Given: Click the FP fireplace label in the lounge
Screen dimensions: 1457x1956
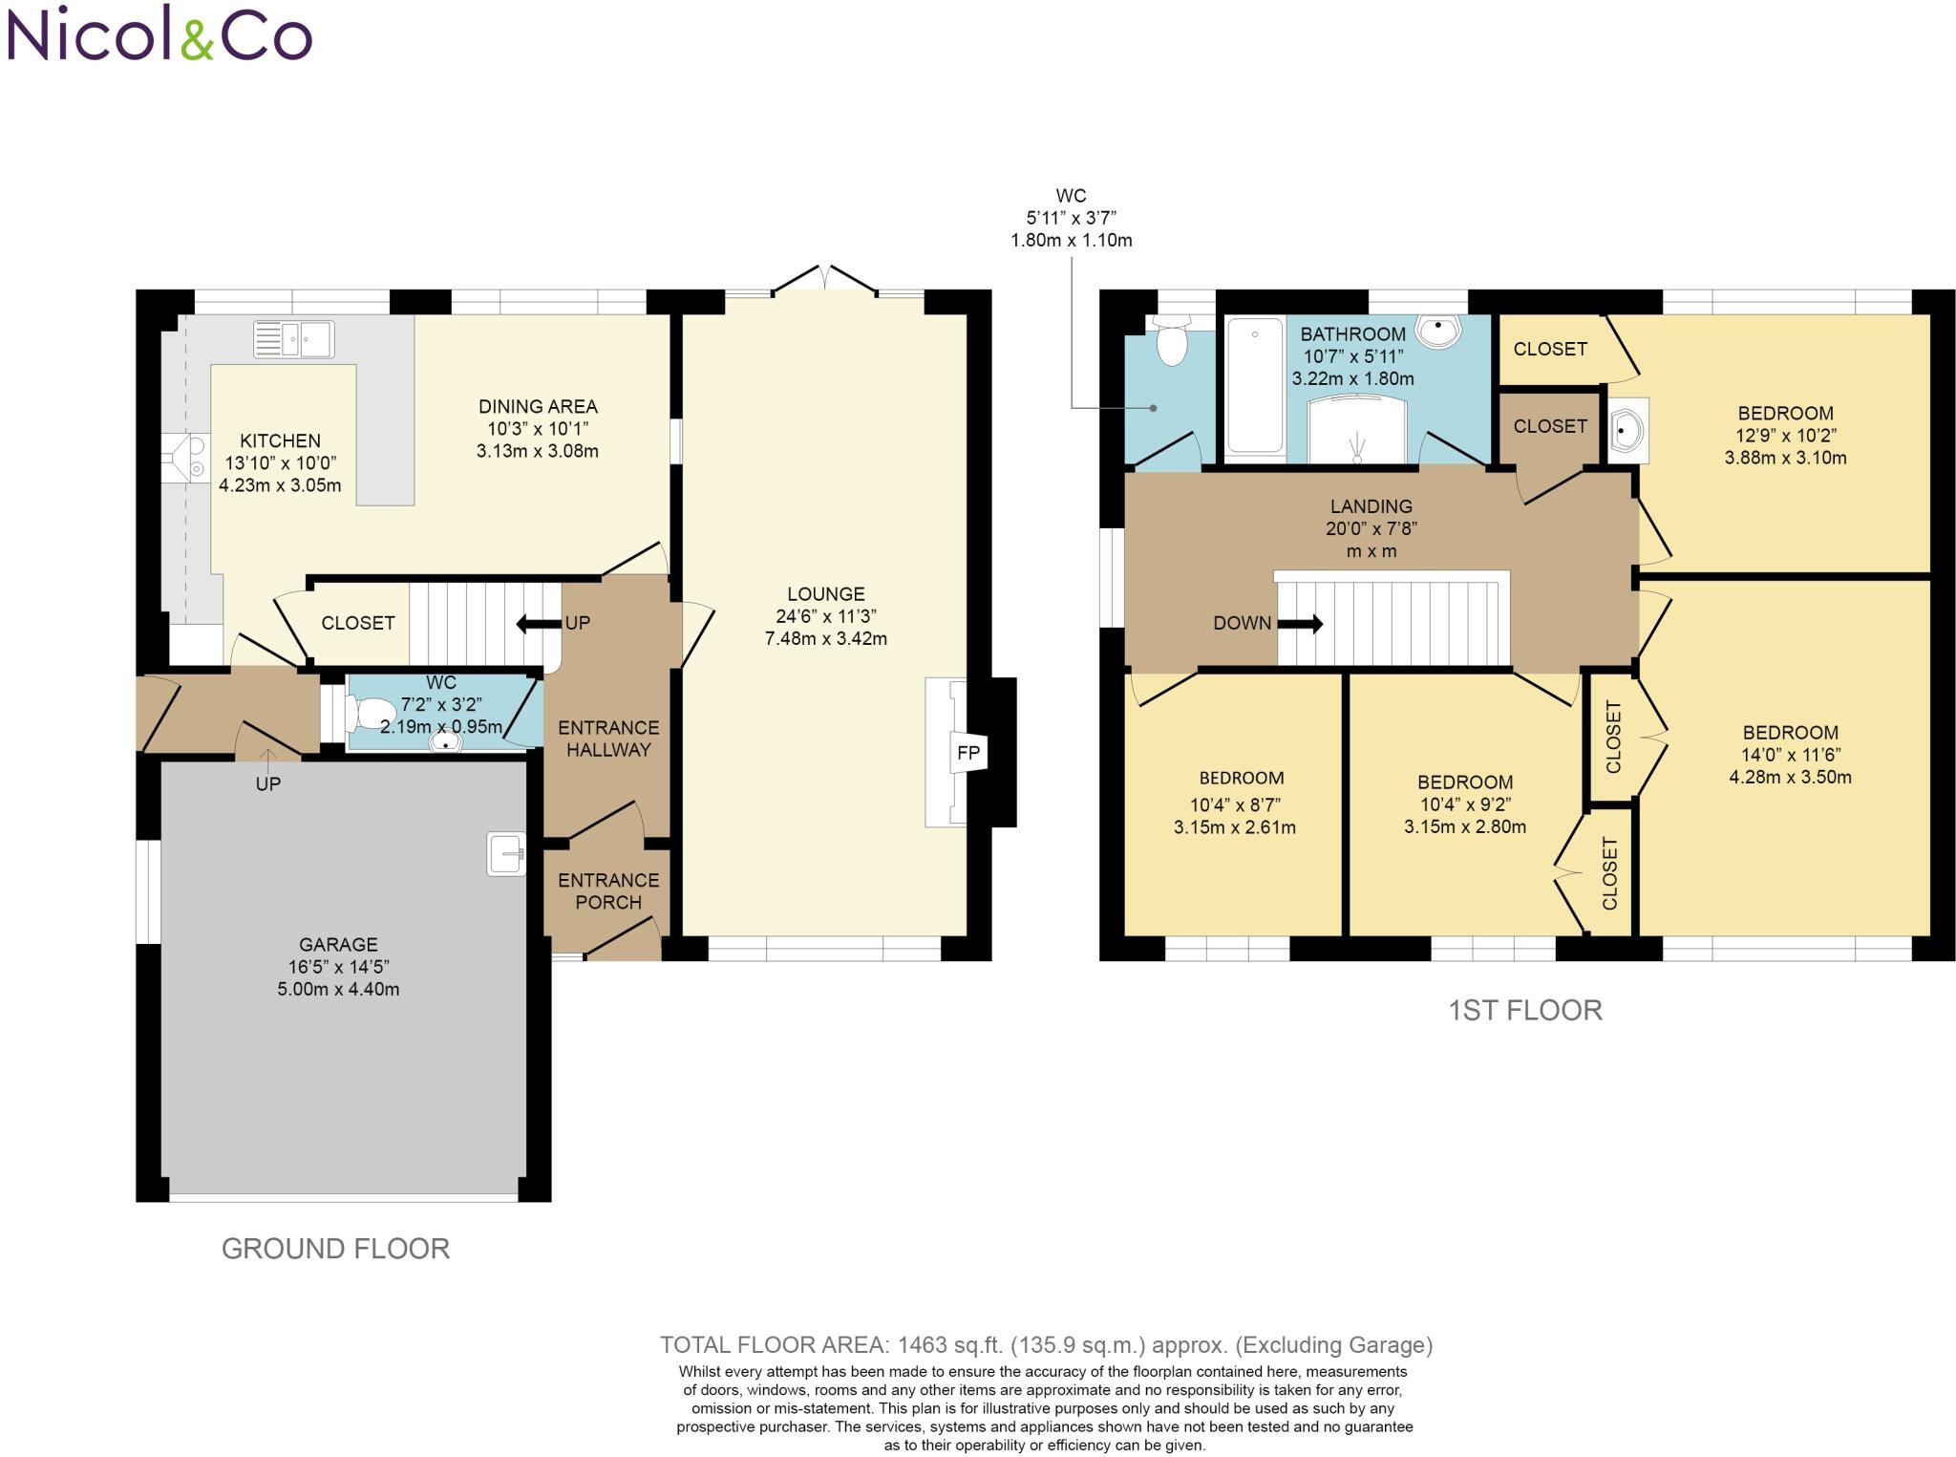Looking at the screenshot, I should pyautogui.click(x=967, y=753).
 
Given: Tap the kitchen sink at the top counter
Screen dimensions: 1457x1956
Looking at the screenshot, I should pyautogui.click(x=293, y=340).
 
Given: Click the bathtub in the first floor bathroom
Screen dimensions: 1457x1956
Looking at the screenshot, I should pyautogui.click(x=1254, y=387).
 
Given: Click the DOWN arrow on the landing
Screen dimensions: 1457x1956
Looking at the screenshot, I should pyautogui.click(x=1301, y=624).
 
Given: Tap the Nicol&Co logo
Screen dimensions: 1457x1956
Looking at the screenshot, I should pyautogui.click(x=159, y=34).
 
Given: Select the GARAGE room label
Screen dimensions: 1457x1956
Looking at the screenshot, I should pyautogui.click(x=338, y=944).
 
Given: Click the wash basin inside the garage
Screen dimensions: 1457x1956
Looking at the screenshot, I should pyautogui.click(x=506, y=853).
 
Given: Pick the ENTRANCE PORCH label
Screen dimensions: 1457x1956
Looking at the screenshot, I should pyautogui.click(x=608, y=890).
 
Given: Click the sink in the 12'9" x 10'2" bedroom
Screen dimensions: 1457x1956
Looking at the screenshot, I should pyautogui.click(x=1626, y=431).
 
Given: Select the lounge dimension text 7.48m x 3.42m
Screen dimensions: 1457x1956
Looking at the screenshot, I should pyautogui.click(x=825, y=638).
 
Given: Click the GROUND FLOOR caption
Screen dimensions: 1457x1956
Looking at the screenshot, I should pyautogui.click(x=335, y=1249).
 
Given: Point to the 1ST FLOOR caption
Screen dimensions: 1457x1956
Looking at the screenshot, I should pyautogui.click(x=1524, y=1010).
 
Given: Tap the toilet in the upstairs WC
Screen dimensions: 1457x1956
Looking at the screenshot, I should pyautogui.click(x=1172, y=345).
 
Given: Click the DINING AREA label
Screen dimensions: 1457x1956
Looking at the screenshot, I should pyautogui.click(x=538, y=406).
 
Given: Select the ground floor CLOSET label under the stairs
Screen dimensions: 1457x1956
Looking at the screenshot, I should pyautogui.click(x=357, y=623).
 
